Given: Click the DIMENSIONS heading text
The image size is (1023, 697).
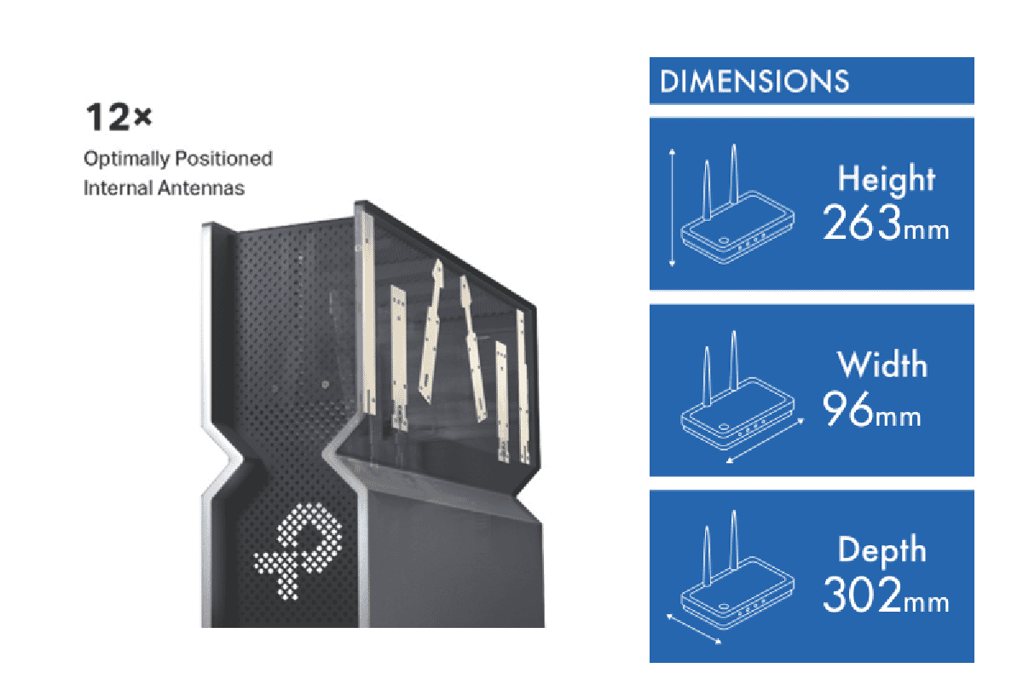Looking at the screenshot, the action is pyautogui.click(x=754, y=81).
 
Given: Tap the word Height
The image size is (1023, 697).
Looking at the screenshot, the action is pyautogui.click(x=886, y=180).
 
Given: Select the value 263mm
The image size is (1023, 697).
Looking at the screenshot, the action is pyautogui.click(x=886, y=222).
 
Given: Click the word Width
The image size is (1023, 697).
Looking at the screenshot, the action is pyautogui.click(x=882, y=364).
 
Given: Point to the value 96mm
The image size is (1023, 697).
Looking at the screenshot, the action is pyautogui.click(x=871, y=409).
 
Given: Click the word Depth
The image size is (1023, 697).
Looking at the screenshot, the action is pyautogui.click(x=881, y=551).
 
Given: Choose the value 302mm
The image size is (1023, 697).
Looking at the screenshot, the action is pyautogui.click(x=886, y=595).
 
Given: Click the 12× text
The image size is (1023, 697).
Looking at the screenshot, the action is pyautogui.click(x=118, y=118).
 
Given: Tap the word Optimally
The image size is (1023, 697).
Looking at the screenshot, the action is pyautogui.click(x=126, y=160).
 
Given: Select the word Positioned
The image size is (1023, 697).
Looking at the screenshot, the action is pyautogui.click(x=223, y=159).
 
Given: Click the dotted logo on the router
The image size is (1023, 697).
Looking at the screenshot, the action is pyautogui.click(x=298, y=551).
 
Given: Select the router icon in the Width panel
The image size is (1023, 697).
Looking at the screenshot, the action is pyautogui.click(x=737, y=397).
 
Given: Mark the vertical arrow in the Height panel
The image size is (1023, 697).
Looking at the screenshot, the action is pyautogui.click(x=672, y=207).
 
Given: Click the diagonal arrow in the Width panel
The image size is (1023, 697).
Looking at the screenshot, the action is pyautogui.click(x=765, y=441).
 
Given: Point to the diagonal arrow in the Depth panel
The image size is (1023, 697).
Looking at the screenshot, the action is pyautogui.click(x=694, y=629).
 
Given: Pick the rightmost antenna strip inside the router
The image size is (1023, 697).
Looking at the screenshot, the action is pyautogui.click(x=523, y=386).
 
